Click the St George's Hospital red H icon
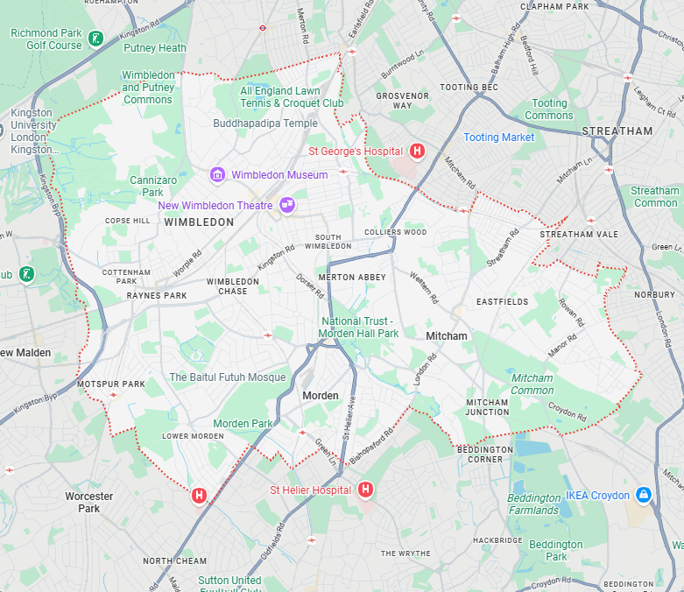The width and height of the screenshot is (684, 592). click(417, 151)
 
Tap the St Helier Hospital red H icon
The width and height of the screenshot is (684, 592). click(365, 490)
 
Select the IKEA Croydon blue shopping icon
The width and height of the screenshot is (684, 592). click(644, 496)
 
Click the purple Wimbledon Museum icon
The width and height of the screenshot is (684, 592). click(217, 175)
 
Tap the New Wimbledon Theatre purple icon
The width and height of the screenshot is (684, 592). click(286, 205)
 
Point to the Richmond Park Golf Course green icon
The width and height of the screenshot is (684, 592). click(95, 39)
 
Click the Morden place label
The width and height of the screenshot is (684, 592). click(320, 396)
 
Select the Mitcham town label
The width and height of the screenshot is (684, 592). click(447, 335)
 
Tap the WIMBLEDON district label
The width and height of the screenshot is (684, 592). click(199, 222)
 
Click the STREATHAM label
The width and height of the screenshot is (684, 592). click(617, 131)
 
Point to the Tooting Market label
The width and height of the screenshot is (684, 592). click(498, 137)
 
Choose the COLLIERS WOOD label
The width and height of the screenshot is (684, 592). click(395, 232)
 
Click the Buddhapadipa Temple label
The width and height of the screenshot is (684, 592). click(265, 123)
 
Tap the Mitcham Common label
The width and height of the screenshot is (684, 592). click(532, 384)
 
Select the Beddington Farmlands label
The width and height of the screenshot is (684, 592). click(533, 504)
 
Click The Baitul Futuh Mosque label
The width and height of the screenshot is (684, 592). click(227, 377)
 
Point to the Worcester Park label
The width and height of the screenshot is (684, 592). click(89, 502)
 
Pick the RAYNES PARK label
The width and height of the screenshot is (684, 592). click(157, 296)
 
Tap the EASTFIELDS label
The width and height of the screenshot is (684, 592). click(502, 301)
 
